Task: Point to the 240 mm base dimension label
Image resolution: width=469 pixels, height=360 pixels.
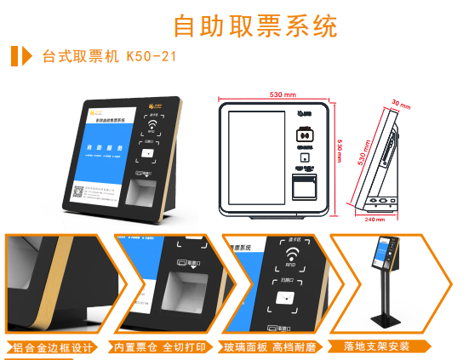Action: pos(375,218)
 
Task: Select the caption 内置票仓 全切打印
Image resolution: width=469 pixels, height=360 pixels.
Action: pos(162,346)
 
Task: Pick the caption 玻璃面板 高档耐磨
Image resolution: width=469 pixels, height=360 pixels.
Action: pos(272,346)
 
